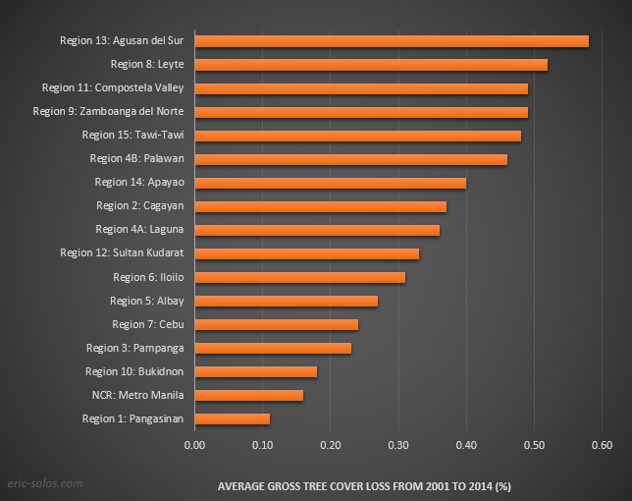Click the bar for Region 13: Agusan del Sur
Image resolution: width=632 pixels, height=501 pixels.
coord(392,40)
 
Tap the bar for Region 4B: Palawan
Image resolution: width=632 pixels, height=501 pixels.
coord(350,158)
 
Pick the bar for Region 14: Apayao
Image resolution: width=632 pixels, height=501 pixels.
coord(330,182)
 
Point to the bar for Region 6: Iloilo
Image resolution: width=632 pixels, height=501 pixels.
coord(299,277)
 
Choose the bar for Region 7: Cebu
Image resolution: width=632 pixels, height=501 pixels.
coord(276,324)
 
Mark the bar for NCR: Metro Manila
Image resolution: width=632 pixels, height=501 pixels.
coord(248,395)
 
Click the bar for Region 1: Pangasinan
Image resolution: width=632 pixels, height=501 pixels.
coord(232,418)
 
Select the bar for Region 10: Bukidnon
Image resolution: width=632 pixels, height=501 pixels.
coord(255,371)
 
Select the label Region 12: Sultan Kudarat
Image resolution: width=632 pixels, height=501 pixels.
coord(122,252)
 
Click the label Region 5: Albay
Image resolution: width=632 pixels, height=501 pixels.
coord(147,301)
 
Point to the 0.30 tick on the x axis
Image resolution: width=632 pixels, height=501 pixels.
coord(397,444)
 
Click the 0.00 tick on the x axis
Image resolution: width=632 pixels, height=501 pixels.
coord(194,444)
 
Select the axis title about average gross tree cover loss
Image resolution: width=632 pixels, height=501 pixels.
coord(363,485)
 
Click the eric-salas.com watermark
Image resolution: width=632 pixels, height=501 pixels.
coord(45,484)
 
